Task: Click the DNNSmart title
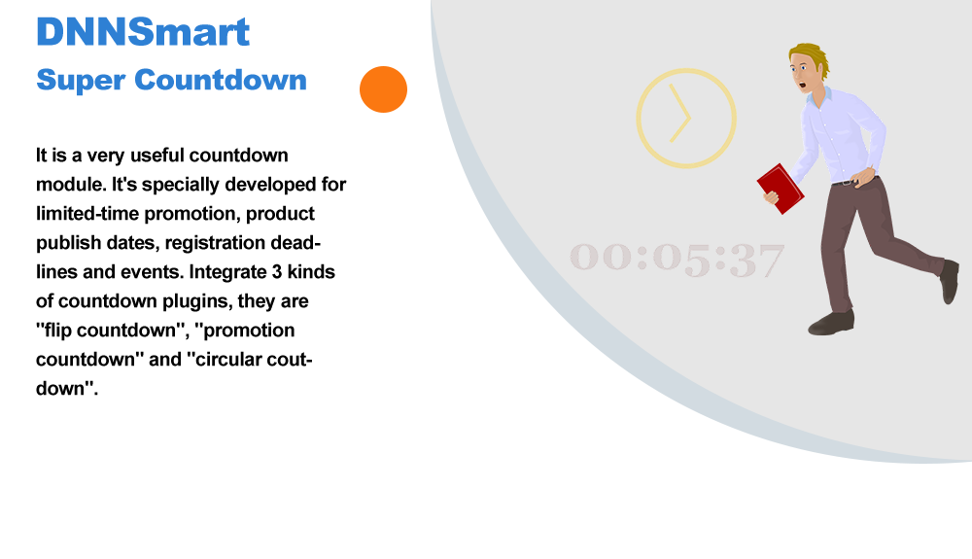(143, 32)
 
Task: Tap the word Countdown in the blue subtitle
(221, 80)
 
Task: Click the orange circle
(383, 89)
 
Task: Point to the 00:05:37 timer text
(677, 259)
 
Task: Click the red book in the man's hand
(781, 189)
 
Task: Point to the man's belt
(850, 182)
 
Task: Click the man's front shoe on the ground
(831, 323)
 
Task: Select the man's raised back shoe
(949, 282)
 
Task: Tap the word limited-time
(87, 213)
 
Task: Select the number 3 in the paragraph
(276, 272)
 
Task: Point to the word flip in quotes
(58, 331)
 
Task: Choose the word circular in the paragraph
(230, 360)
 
